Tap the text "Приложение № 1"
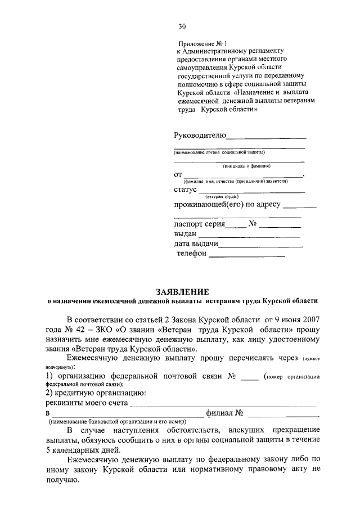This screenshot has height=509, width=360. pos(202,43)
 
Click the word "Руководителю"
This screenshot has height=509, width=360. pos(200,136)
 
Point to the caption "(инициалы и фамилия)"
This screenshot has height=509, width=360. pos(246,166)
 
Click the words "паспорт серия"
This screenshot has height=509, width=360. pos(199,224)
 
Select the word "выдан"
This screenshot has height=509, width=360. pos(185,234)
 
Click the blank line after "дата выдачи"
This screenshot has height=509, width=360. pos(260,246)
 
